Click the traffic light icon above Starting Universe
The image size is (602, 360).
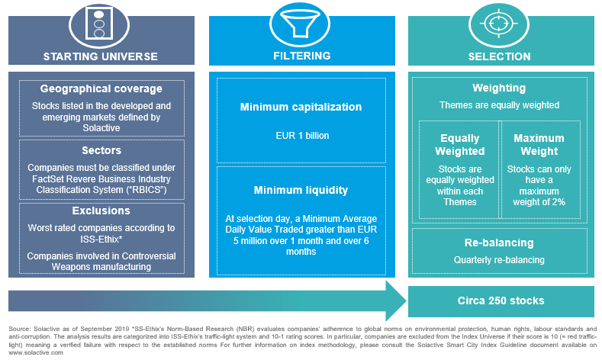click(99, 24)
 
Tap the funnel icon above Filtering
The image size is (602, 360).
click(300, 24)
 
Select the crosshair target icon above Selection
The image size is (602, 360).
click(499, 24)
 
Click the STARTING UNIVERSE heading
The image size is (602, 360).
click(101, 56)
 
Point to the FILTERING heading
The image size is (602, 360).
click(302, 56)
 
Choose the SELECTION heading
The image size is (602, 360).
click(499, 56)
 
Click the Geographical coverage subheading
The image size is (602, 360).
click(101, 88)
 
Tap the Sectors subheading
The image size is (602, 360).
click(101, 150)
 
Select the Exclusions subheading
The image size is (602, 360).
click(101, 211)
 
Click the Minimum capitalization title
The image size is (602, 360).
click(301, 107)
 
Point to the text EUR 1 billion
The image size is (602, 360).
click(302, 136)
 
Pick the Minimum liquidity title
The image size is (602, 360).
click(301, 191)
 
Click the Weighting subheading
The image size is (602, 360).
click(499, 88)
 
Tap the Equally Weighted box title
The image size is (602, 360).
click(460, 145)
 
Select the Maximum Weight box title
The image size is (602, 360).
click(539, 145)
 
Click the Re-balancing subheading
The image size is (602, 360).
click(499, 243)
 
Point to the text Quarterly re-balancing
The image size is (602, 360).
click(499, 260)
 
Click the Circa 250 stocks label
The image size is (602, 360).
click(501, 301)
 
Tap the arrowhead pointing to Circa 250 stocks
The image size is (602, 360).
click(396, 301)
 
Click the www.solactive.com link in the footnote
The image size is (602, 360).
click(36, 352)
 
